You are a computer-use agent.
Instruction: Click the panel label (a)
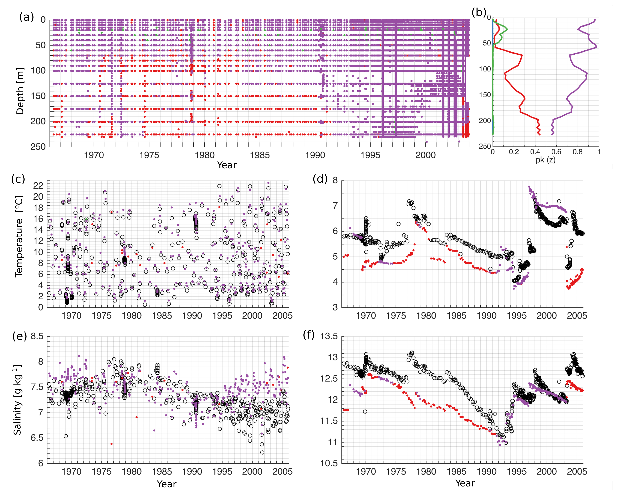[x=26, y=17]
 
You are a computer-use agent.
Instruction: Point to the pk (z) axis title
[x=546, y=160]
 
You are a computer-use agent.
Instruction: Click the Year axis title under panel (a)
[x=227, y=165]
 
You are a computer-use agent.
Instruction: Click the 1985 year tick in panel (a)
[x=260, y=155]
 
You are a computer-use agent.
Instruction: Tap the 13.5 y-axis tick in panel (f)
[x=329, y=336]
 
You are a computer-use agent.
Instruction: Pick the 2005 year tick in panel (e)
[x=282, y=472]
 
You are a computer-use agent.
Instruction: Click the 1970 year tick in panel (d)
[x=366, y=316]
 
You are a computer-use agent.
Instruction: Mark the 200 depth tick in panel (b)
[x=485, y=121]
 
